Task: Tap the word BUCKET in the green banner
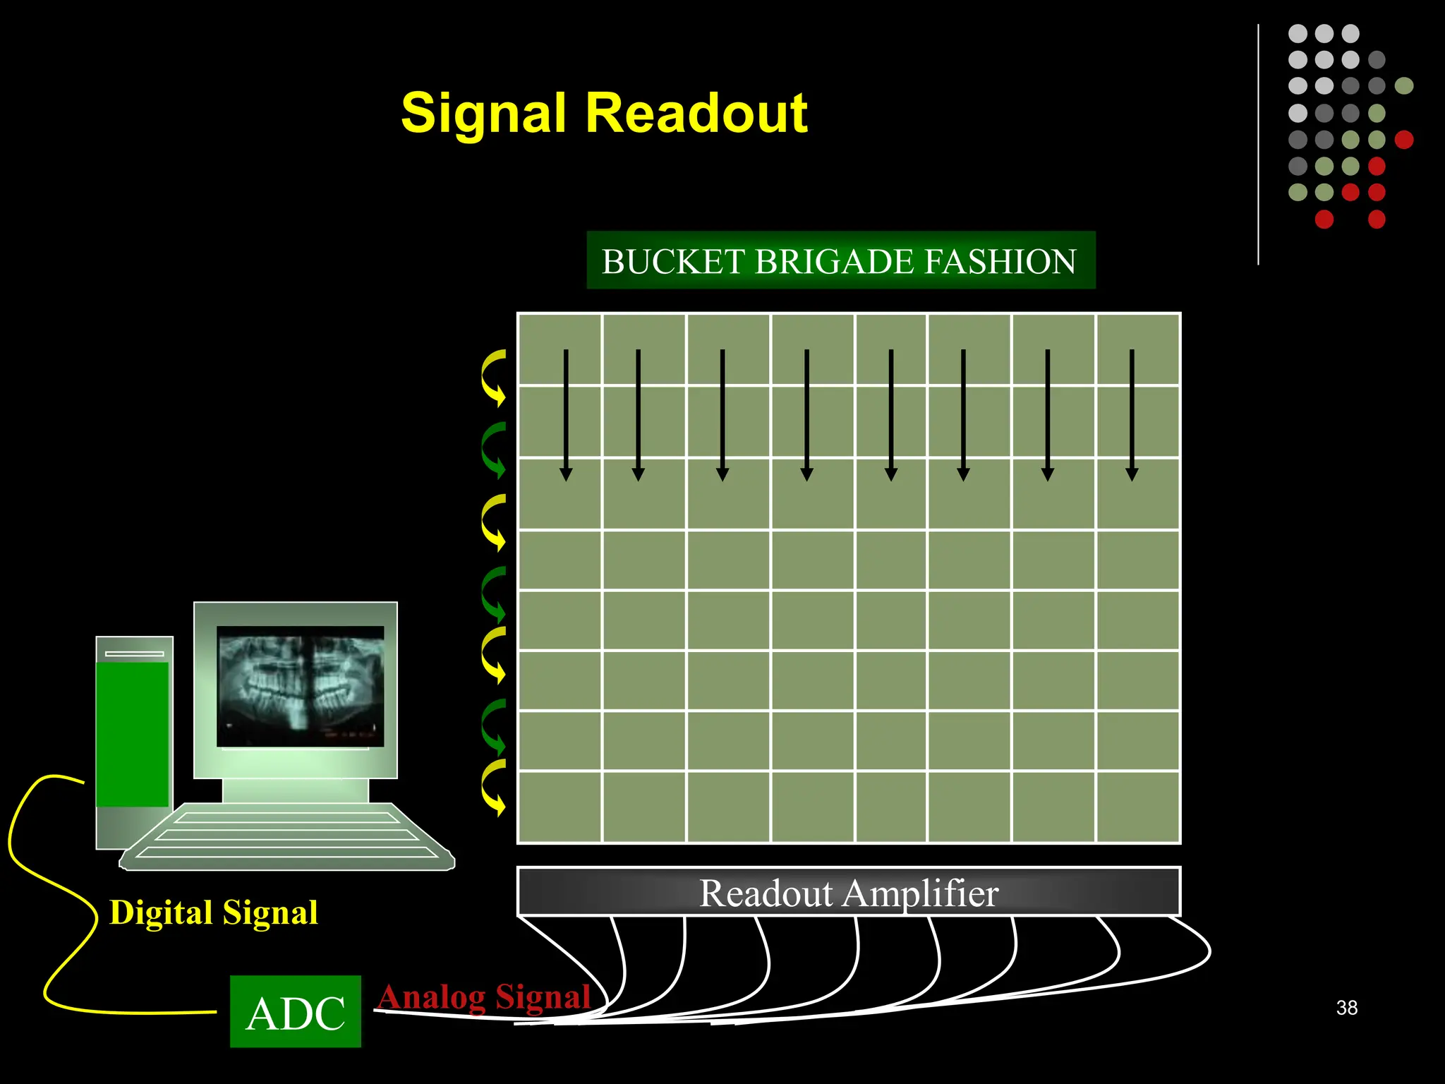673,262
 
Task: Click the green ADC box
296,1012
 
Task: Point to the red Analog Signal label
484,996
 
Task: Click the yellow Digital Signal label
214,912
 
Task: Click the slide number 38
1346,1008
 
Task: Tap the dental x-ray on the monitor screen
301,686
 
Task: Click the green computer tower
133,734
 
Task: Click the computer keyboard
288,836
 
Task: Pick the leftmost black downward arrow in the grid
566,415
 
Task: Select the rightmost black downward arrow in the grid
1132,415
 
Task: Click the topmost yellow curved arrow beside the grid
494,378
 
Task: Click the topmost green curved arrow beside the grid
494,450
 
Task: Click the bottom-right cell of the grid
1137,806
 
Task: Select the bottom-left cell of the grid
560,806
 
